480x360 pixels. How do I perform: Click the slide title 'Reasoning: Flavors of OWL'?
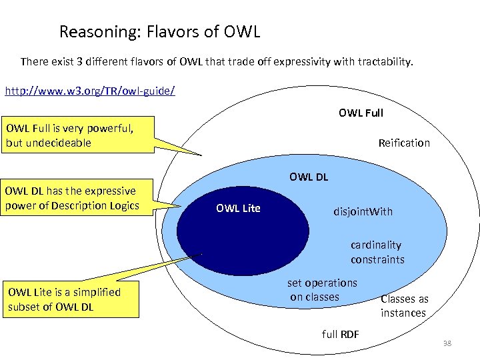click(x=159, y=31)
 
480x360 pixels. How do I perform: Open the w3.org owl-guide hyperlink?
click(x=90, y=89)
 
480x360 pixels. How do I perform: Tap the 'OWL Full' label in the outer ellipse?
click(x=361, y=113)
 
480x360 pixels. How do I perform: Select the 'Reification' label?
click(x=404, y=143)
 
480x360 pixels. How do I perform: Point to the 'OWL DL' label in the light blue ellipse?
click(x=309, y=177)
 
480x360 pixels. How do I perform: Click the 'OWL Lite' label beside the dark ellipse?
click(x=238, y=209)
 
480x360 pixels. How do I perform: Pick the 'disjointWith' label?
click(x=363, y=212)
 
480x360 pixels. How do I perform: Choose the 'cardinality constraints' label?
click(x=377, y=253)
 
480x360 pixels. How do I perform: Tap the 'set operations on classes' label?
click(x=323, y=290)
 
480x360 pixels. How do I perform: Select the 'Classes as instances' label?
click(x=404, y=306)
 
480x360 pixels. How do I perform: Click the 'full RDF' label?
click(x=340, y=333)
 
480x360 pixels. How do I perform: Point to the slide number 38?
click(x=447, y=343)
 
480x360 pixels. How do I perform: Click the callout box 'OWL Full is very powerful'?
click(x=79, y=135)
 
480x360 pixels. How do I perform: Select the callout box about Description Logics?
click(x=79, y=198)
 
